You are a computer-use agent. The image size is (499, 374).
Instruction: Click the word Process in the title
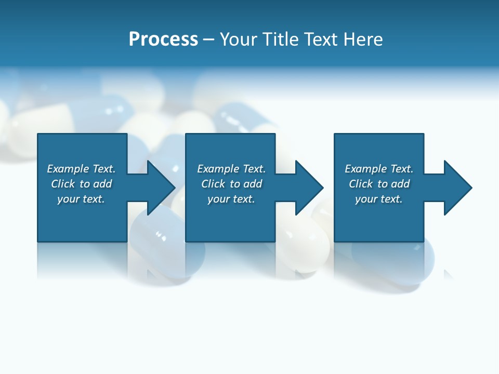(x=163, y=39)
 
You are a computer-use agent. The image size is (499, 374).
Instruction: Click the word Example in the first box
(x=68, y=169)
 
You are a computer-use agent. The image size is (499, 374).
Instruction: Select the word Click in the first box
(x=63, y=184)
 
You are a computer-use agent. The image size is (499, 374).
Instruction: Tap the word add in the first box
(x=103, y=184)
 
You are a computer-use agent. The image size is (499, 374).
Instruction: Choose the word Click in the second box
(x=213, y=184)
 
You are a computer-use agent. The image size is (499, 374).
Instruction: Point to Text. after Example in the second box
(x=252, y=169)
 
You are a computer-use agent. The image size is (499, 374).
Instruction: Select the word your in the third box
(x=366, y=199)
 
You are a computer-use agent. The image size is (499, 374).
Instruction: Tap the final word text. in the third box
(x=392, y=199)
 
